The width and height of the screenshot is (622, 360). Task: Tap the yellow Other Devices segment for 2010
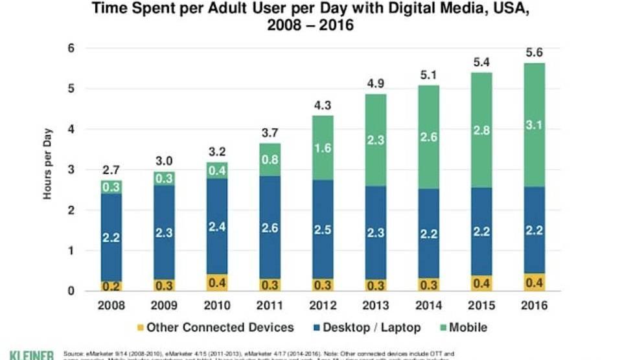[216, 282]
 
